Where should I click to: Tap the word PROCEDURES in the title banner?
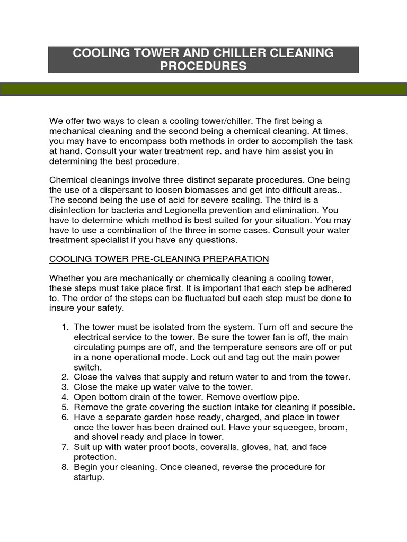click(204, 66)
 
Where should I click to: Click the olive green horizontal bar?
click(203, 89)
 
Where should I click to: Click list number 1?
click(65, 327)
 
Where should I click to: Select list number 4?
click(65, 397)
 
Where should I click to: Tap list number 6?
click(65, 417)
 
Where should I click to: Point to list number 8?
click(65, 467)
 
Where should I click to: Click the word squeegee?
click(281, 427)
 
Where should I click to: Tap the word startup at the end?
click(89, 477)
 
